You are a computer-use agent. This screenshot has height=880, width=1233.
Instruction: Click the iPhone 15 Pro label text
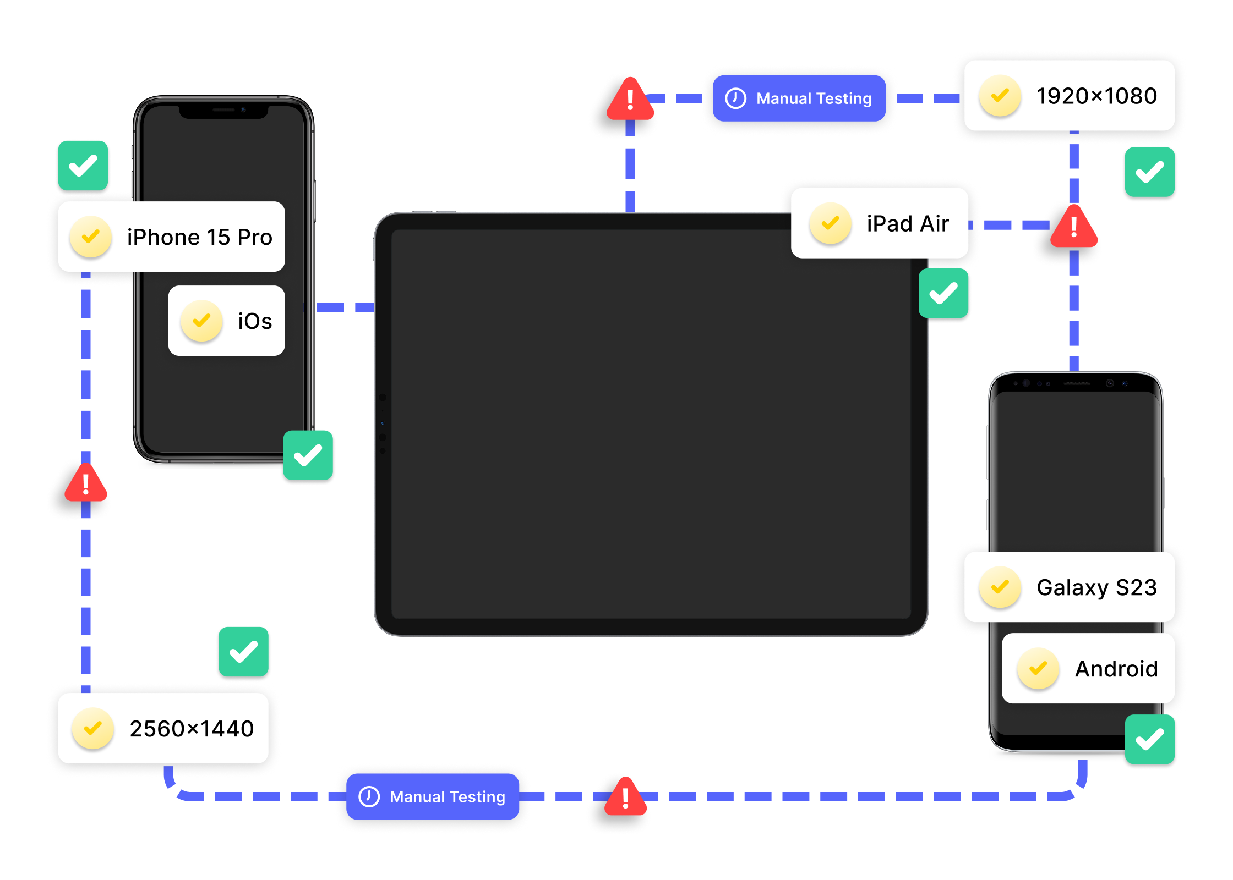(199, 237)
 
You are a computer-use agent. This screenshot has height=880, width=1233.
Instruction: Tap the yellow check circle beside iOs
(201, 321)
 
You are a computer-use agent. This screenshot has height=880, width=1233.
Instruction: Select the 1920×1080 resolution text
(1096, 96)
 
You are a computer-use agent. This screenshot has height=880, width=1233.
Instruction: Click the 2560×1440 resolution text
(192, 729)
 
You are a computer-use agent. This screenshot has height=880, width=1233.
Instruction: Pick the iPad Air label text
(908, 224)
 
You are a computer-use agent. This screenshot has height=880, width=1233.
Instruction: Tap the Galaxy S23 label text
(1096, 587)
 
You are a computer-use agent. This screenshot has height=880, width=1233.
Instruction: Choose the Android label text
(1116, 669)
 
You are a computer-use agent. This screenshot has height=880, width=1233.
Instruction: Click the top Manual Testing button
(799, 98)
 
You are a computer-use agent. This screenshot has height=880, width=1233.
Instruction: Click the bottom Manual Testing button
(433, 797)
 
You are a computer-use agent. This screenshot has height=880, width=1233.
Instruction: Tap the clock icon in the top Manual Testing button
(735, 98)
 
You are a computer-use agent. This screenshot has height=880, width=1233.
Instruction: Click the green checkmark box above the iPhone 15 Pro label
(83, 166)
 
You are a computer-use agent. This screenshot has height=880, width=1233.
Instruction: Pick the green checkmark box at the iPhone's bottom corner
(308, 455)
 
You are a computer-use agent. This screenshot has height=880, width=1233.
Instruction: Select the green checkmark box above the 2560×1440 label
(244, 652)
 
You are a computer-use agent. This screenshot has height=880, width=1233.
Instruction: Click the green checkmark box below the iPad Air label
(943, 293)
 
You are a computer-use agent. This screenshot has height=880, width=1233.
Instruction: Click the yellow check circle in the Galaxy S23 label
(1000, 587)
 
